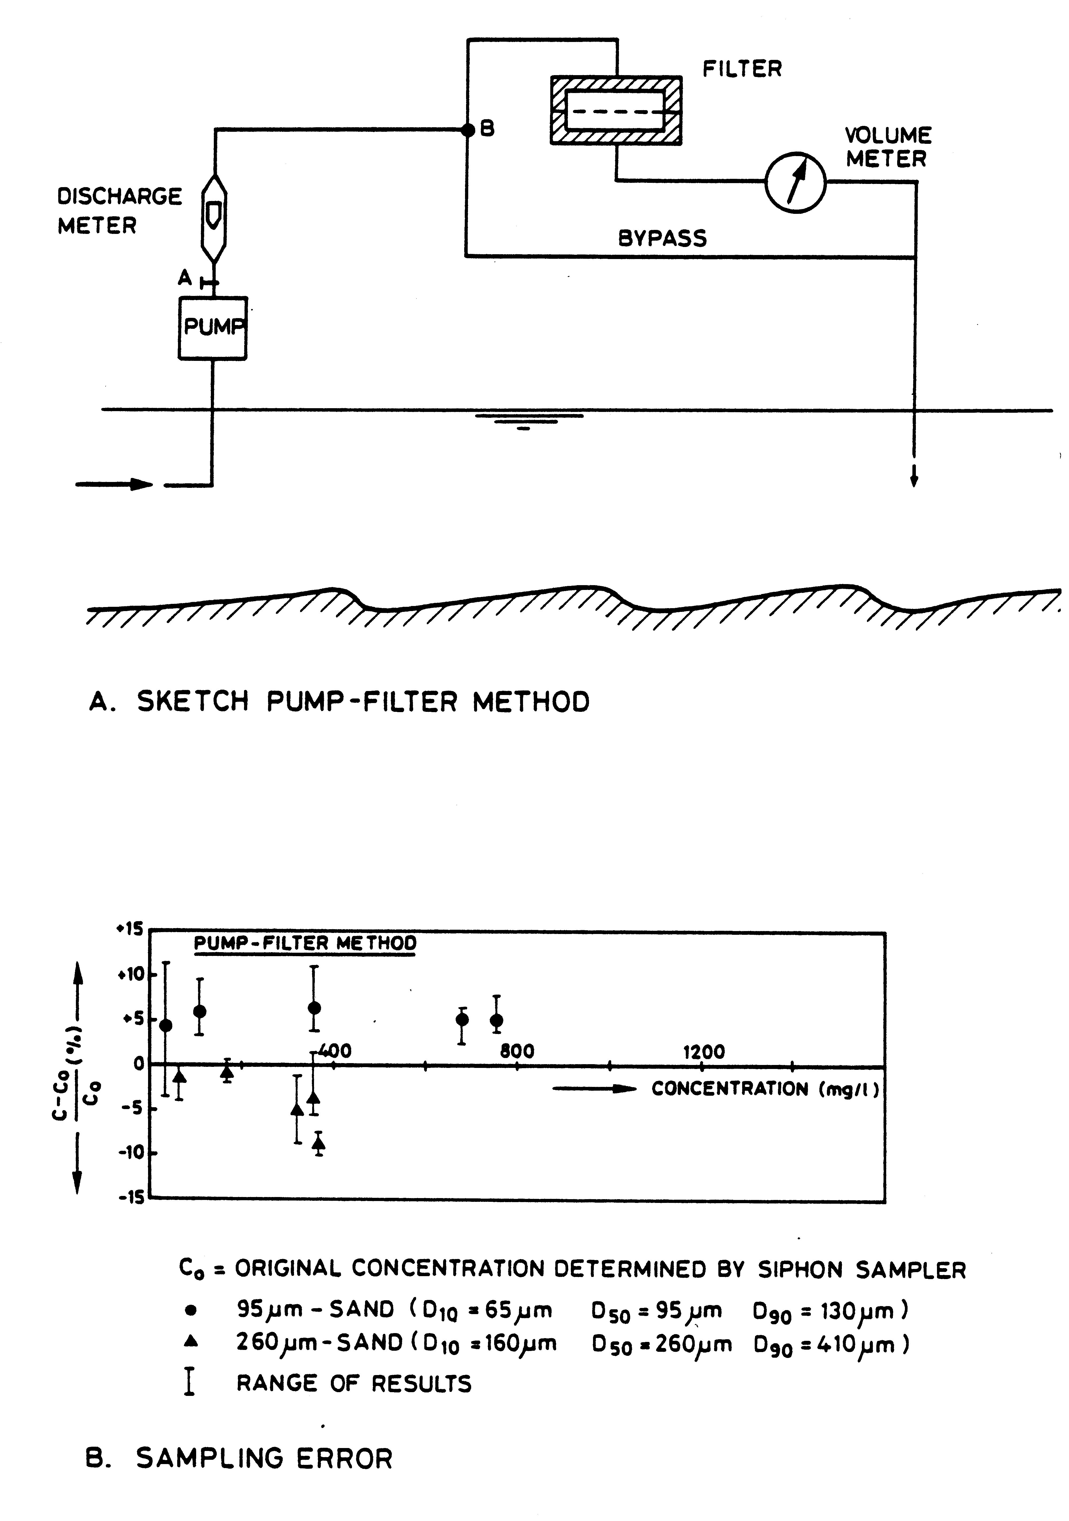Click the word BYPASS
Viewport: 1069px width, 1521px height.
(x=662, y=238)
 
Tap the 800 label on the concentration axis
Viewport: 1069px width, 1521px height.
(x=517, y=1051)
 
